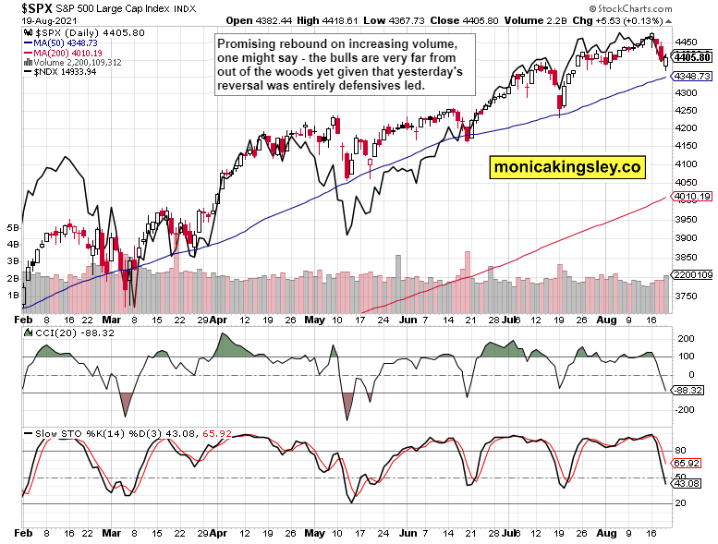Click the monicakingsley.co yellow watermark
[x=566, y=167]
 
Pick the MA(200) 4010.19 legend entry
[x=57, y=53]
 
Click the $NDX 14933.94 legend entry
[x=51, y=72]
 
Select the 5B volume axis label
[x=13, y=226]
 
